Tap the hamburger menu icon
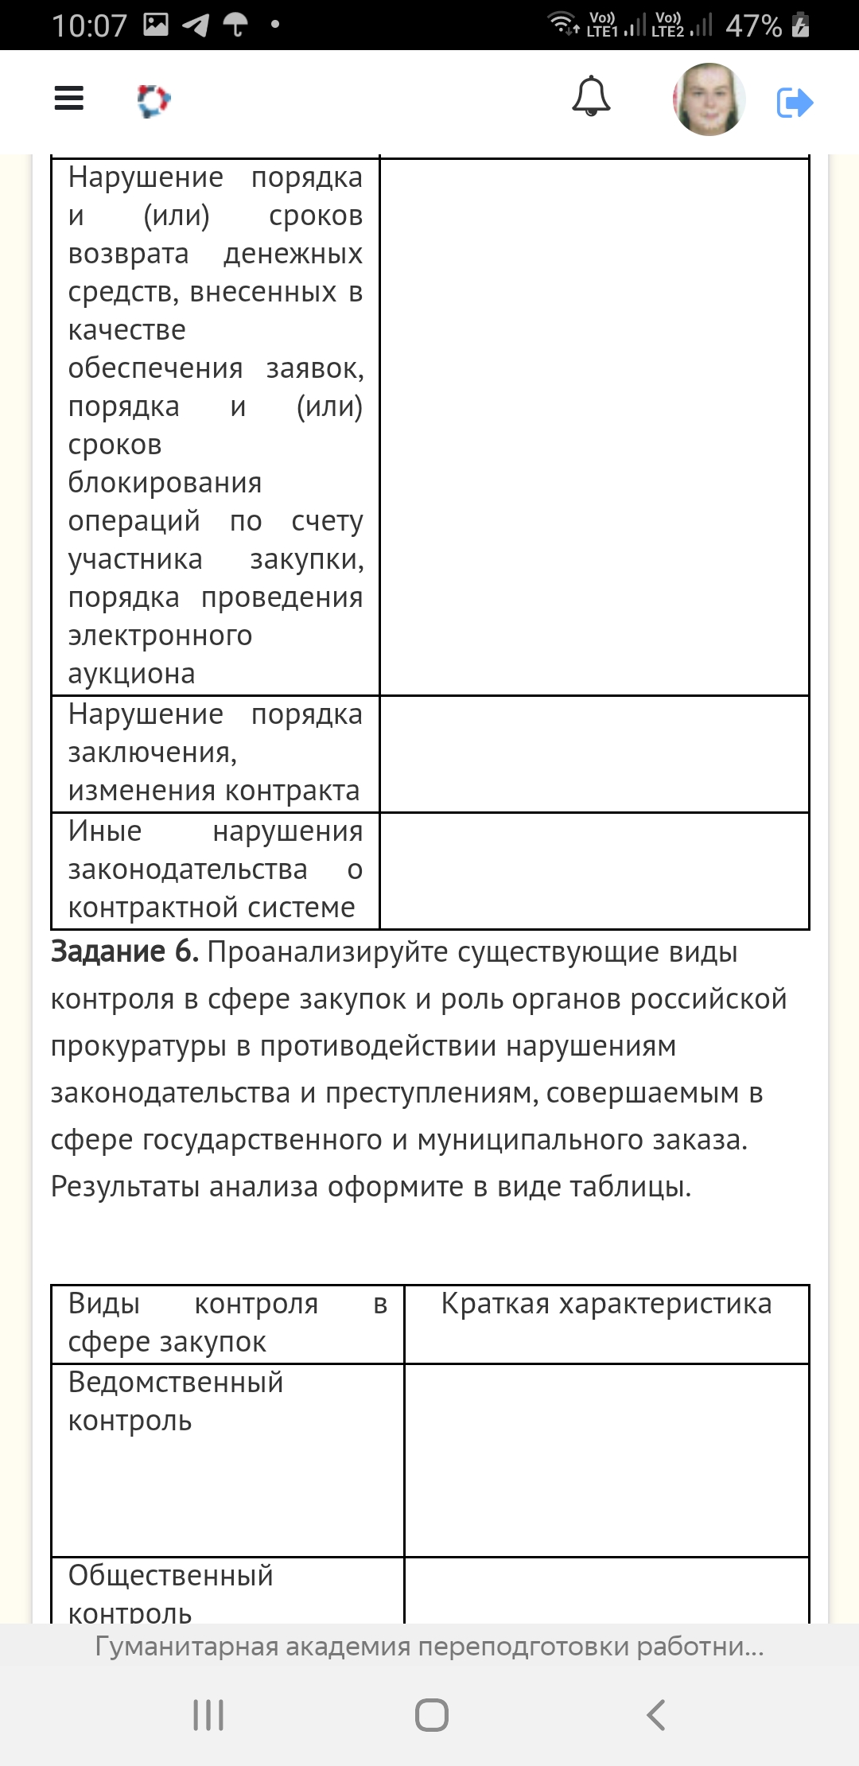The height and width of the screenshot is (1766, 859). pyautogui.click(x=69, y=99)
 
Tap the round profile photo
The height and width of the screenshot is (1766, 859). pyautogui.click(x=709, y=99)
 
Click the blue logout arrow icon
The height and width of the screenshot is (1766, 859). pyautogui.click(x=795, y=103)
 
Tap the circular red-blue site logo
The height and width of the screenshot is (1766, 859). pyautogui.click(x=154, y=101)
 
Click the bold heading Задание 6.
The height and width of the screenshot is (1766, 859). pyautogui.click(x=125, y=951)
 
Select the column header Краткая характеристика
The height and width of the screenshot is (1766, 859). pyautogui.click(x=606, y=1304)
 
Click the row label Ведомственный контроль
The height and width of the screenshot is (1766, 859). pyautogui.click(x=176, y=1402)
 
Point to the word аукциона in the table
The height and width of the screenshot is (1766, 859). pyautogui.click(x=131, y=674)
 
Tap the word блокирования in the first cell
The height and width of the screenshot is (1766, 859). pyautogui.click(x=165, y=483)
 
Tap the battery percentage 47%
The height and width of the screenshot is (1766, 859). pyautogui.click(x=753, y=25)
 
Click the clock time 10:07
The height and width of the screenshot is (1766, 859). pyautogui.click(x=89, y=25)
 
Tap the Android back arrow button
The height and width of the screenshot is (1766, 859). pyautogui.click(x=655, y=1715)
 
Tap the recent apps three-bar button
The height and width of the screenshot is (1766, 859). pyautogui.click(x=208, y=1715)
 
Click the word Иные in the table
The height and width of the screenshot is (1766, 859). pyautogui.click(x=105, y=831)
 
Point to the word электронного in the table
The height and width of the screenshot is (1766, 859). pyautogui.click(x=160, y=636)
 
